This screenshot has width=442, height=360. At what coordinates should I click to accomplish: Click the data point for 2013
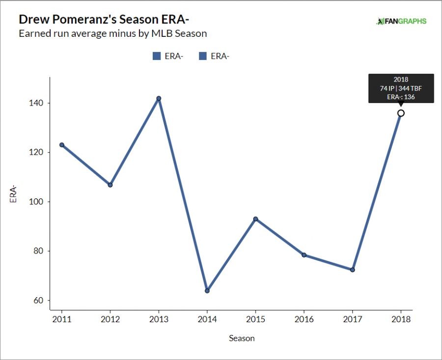coord(159,98)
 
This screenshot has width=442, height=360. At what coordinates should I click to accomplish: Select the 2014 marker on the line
coord(207,291)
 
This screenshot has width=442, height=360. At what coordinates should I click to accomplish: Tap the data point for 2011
coord(62,145)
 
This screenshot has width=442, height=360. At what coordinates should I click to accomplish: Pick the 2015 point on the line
coord(255,219)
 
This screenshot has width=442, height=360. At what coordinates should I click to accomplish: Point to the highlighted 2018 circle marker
coord(401,113)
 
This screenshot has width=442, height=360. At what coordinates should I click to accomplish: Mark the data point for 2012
coord(110,185)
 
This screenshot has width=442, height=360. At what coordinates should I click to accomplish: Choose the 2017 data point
coord(352,270)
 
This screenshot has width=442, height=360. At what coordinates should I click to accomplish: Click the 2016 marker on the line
coord(304,255)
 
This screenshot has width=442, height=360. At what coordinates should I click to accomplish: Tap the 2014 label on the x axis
coord(207,319)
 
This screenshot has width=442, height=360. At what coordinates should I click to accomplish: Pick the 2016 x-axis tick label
coord(304,319)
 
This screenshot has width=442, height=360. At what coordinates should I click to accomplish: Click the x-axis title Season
coord(242,338)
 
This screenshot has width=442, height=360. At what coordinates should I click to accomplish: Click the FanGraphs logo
coord(401,21)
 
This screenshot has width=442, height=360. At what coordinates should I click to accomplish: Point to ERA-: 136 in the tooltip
coord(401,96)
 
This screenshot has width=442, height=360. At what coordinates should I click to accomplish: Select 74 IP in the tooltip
coord(387,88)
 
